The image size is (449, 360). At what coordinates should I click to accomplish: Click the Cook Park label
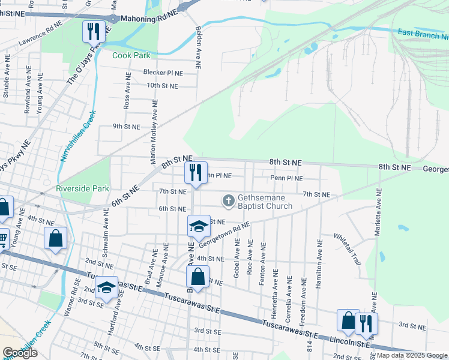click(131, 55)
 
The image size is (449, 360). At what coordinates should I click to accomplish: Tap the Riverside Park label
click(83, 188)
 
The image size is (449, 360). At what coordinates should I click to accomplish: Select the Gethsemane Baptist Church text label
click(265, 202)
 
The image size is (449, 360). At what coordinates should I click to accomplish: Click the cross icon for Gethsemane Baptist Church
click(228, 200)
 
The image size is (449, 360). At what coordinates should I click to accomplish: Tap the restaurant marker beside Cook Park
click(94, 31)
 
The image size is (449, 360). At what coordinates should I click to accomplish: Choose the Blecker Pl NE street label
click(163, 73)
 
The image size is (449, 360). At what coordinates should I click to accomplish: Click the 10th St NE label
click(163, 86)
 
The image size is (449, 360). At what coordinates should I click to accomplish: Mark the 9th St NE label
click(127, 127)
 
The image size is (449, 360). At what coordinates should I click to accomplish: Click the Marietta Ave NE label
click(378, 213)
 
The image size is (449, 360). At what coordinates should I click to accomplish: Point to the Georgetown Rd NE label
click(224, 234)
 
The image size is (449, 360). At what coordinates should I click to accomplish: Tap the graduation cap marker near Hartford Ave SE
click(106, 289)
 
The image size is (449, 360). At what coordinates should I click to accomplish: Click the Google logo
click(20, 353)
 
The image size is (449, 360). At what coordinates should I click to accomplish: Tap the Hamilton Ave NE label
click(319, 263)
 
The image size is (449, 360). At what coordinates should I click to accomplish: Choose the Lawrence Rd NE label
click(40, 41)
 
